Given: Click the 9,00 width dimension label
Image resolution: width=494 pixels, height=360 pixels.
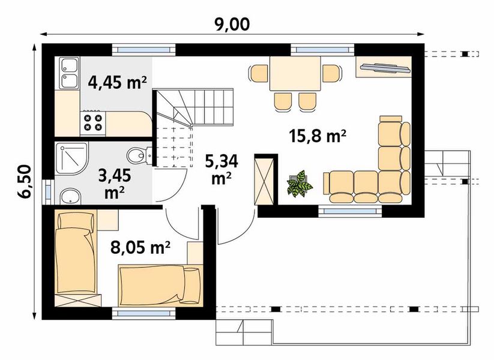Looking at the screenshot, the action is [232, 23].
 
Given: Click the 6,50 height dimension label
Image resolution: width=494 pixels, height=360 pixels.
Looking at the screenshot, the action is [25, 182].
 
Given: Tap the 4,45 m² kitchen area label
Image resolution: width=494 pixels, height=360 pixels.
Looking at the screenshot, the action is [117, 83].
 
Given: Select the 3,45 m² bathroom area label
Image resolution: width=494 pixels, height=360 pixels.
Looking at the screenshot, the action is [115, 184].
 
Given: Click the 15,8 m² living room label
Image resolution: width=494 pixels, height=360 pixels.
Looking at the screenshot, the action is [318, 136].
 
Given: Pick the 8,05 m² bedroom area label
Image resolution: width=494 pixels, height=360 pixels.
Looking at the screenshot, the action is [140, 247].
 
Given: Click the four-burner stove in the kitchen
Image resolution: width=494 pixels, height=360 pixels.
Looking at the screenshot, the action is [93, 123].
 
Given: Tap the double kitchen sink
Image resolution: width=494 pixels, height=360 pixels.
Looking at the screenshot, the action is [69, 73].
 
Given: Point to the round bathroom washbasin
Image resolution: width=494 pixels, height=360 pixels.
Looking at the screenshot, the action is [71, 197].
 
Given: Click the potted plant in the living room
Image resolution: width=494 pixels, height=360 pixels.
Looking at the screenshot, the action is [299, 184].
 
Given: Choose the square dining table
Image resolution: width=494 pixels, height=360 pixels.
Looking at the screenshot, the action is [295, 73].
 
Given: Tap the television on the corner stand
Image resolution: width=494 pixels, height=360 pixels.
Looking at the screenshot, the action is [385, 67].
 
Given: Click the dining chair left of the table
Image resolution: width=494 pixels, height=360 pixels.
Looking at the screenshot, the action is [259, 73].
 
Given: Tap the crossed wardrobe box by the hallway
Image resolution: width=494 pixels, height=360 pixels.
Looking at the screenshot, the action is [264, 182].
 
